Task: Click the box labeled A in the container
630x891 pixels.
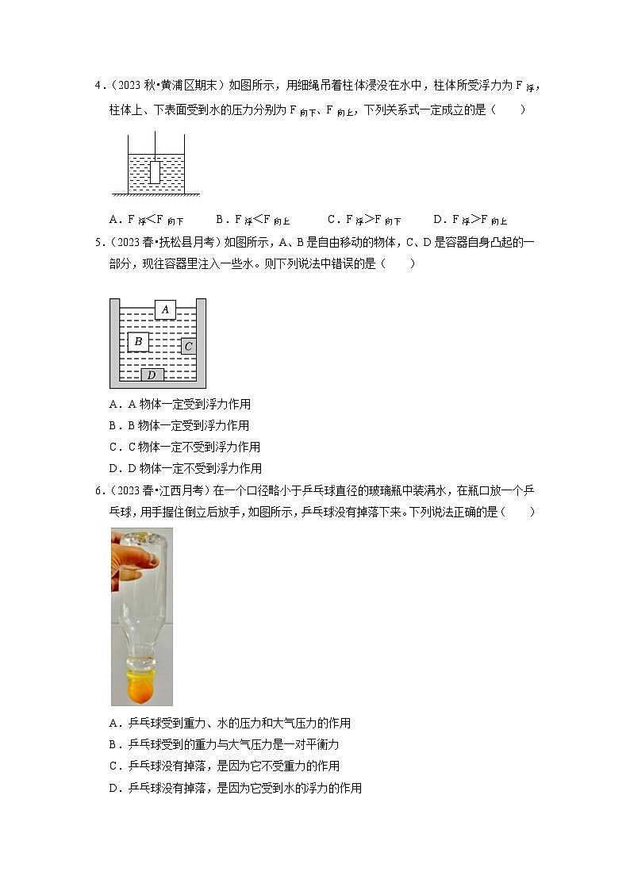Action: [165, 309]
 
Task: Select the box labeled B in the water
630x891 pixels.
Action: [138, 342]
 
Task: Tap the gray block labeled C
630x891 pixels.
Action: [188, 346]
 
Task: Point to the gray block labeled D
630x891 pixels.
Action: [152, 374]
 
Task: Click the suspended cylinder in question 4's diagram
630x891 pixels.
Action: [155, 172]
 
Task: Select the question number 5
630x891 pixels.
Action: [97, 243]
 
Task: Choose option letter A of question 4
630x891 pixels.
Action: [113, 220]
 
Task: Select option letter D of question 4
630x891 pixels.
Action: [438, 220]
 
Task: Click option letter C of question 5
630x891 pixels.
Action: [113, 447]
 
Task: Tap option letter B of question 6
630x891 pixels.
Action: [113, 744]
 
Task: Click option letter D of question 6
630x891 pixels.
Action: [113, 788]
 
